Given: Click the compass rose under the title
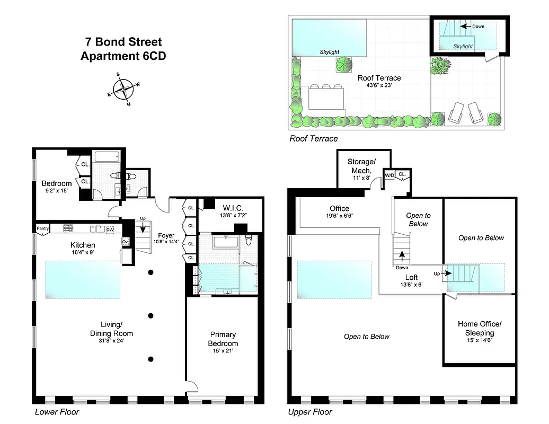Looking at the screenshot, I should (123, 89).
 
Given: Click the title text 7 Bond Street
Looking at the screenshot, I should (123, 42).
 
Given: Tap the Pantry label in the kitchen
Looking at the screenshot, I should (43, 228).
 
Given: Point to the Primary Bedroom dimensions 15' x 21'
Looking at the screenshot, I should (223, 351).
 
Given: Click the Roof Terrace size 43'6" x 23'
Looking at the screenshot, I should (379, 85).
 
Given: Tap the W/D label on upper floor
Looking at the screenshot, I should (389, 174).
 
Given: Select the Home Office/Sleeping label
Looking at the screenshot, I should (479, 328).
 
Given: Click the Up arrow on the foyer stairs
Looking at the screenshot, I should (142, 228).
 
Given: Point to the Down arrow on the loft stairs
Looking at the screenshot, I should (402, 255).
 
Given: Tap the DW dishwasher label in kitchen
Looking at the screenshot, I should (110, 229).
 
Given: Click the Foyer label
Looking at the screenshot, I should (166, 235).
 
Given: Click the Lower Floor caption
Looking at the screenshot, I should (57, 412).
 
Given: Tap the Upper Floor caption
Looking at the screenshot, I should (309, 412).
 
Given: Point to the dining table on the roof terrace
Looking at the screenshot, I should (326, 98).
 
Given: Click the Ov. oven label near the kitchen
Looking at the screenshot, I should (126, 242).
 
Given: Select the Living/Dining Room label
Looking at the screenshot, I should (110, 329).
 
